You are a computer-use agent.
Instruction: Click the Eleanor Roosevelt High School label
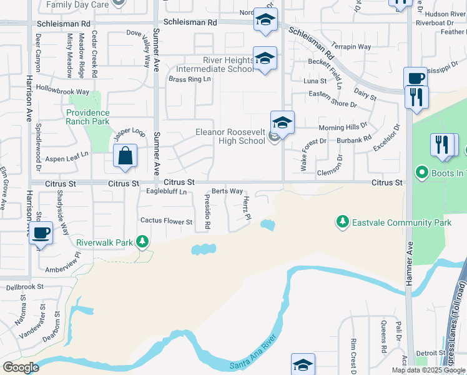coord(230,136)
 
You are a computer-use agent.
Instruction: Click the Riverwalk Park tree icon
coord(143,241)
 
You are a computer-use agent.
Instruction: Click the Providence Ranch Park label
coord(88,117)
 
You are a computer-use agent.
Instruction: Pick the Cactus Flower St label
coord(166,221)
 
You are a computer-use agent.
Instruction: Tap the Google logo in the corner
coord(21,367)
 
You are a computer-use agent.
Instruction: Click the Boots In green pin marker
coord(422,172)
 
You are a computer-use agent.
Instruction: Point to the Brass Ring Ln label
coord(190,79)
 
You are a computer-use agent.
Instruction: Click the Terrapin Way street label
coord(351,47)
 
